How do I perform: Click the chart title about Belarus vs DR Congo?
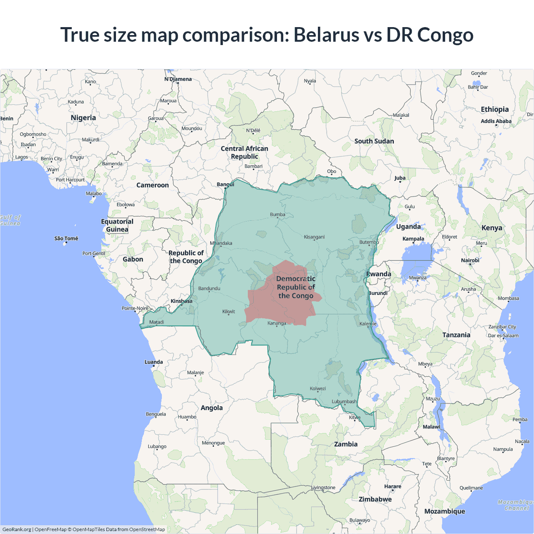coord(267,35)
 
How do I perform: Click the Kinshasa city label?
coord(181,301)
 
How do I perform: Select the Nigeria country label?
coord(83,118)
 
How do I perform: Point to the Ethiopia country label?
coord(495,109)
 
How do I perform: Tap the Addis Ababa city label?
coord(496,121)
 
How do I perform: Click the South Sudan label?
coord(374,141)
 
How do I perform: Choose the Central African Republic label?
coord(244,152)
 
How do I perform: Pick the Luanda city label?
coord(154,362)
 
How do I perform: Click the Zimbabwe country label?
coord(375,499)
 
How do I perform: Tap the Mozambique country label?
coord(444,511)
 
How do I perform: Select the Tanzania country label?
coord(456,335)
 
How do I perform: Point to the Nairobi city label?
coord(470,260)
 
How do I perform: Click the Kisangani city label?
coord(314,237)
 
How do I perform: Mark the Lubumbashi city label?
coord(344,402)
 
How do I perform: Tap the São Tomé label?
coord(66,239)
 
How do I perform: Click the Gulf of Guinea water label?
coord(10,220)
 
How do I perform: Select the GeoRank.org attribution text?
coord(17,529)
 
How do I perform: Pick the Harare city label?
coord(393,486)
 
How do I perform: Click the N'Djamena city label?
coord(178,79)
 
